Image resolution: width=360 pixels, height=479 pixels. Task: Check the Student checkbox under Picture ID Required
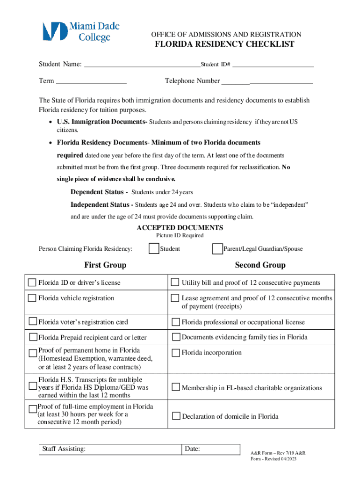153,249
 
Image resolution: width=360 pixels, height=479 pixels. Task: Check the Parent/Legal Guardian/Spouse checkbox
217,249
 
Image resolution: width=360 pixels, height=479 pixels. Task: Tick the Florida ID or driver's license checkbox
32,283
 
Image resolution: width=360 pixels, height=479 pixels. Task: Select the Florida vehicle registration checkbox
32,298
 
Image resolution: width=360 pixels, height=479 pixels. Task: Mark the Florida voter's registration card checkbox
33,321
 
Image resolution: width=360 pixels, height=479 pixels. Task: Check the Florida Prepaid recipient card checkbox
33,337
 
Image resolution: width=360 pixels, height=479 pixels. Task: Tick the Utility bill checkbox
174,283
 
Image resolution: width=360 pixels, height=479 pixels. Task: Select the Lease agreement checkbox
174,298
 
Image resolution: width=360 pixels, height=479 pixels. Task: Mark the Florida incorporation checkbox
176,353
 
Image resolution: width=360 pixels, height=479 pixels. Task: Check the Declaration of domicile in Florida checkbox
176,416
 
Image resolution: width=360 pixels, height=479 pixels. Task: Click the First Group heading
105,265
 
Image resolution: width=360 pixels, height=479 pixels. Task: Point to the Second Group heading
260,265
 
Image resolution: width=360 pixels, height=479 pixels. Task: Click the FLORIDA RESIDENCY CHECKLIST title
224,44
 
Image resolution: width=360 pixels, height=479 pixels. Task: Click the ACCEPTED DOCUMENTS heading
180,228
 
